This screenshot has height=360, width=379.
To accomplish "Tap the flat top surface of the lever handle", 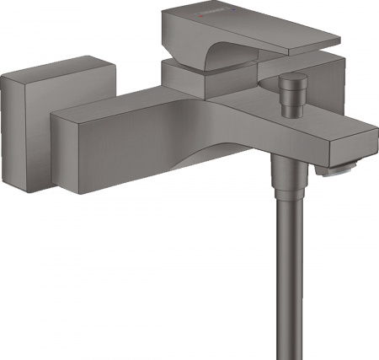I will click(253, 30).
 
